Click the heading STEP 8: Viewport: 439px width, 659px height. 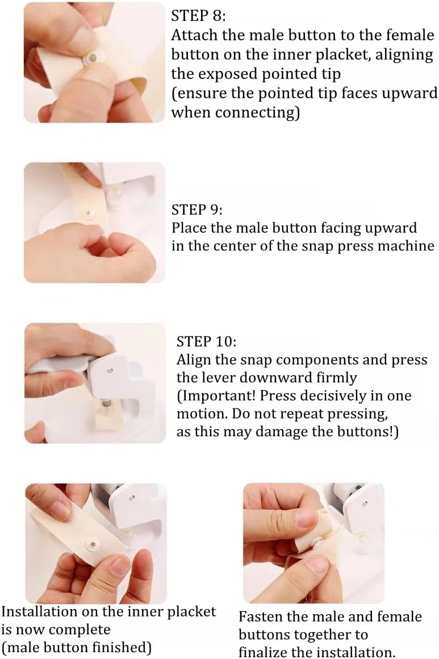[198, 16]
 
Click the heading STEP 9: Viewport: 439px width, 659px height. [197, 209]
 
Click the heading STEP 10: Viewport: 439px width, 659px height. [206, 341]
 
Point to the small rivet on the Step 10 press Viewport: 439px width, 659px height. [110, 371]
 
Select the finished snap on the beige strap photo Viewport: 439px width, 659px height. [93, 545]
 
